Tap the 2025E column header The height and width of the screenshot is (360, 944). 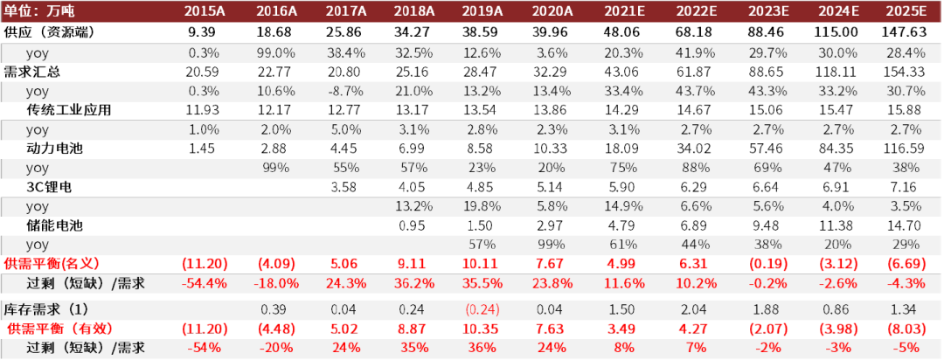(x=906, y=10)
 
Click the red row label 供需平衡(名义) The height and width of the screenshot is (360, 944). (x=52, y=263)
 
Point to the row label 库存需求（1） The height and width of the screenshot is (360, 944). (x=46, y=310)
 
